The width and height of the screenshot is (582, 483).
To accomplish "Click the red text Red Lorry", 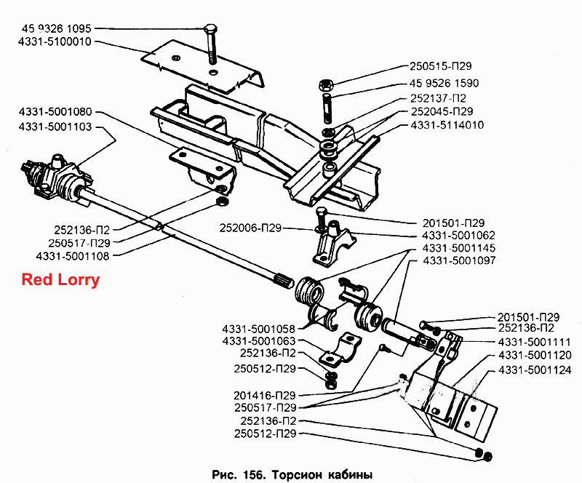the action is point(60,279).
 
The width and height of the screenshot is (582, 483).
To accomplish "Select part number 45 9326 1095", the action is point(57,28).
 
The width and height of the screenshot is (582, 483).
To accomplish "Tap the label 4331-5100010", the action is point(55,41).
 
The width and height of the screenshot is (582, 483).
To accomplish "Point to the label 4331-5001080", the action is point(55,112).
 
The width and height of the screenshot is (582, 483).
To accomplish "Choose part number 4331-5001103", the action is point(55,127).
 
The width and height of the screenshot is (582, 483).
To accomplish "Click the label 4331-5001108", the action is point(73,256).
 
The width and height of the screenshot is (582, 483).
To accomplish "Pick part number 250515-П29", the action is point(441,66).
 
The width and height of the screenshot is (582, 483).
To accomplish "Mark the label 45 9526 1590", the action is point(445,83).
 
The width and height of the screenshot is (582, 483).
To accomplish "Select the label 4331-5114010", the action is point(447,124).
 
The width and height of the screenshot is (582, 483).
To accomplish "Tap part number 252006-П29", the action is point(250,228).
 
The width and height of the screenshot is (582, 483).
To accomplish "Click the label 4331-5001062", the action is point(458,236).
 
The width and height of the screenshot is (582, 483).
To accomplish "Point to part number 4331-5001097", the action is point(459,260).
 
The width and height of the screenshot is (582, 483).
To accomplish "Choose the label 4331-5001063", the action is point(259,341).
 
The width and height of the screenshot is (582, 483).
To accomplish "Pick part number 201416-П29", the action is point(265,396).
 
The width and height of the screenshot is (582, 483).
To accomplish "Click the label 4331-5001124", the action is point(535,370).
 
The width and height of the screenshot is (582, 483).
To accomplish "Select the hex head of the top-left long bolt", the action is point(210,28).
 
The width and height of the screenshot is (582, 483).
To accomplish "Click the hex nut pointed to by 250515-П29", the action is point(326,85).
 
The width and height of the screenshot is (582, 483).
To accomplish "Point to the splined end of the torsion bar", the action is point(284,281).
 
